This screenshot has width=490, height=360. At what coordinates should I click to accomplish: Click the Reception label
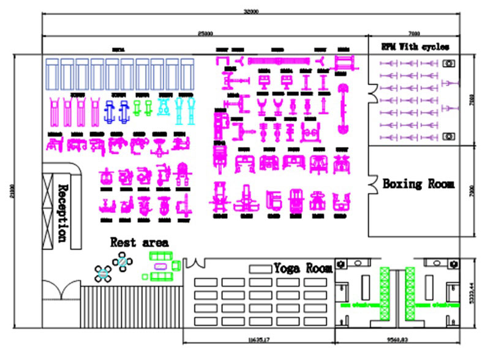pyautogui.click(x=61, y=212)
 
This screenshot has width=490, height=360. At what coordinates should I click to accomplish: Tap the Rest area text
pyautogui.click(x=139, y=242)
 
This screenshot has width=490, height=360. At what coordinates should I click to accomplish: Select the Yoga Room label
pyautogui.click(x=303, y=268)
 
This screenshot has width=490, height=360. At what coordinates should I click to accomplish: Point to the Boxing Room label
pyautogui.click(x=418, y=184)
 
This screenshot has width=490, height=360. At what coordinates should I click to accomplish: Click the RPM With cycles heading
pyautogui.click(x=415, y=47)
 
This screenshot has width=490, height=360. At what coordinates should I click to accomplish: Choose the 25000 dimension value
pyautogui.click(x=205, y=33)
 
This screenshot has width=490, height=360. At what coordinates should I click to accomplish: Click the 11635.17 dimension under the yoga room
pyautogui.click(x=259, y=338)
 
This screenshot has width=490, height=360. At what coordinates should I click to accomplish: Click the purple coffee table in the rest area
pyautogui.click(x=160, y=266)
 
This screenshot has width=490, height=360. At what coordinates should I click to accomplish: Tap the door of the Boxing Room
pyautogui.click(x=374, y=182)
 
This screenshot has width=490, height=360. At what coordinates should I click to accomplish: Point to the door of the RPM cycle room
pyautogui.click(x=374, y=92)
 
